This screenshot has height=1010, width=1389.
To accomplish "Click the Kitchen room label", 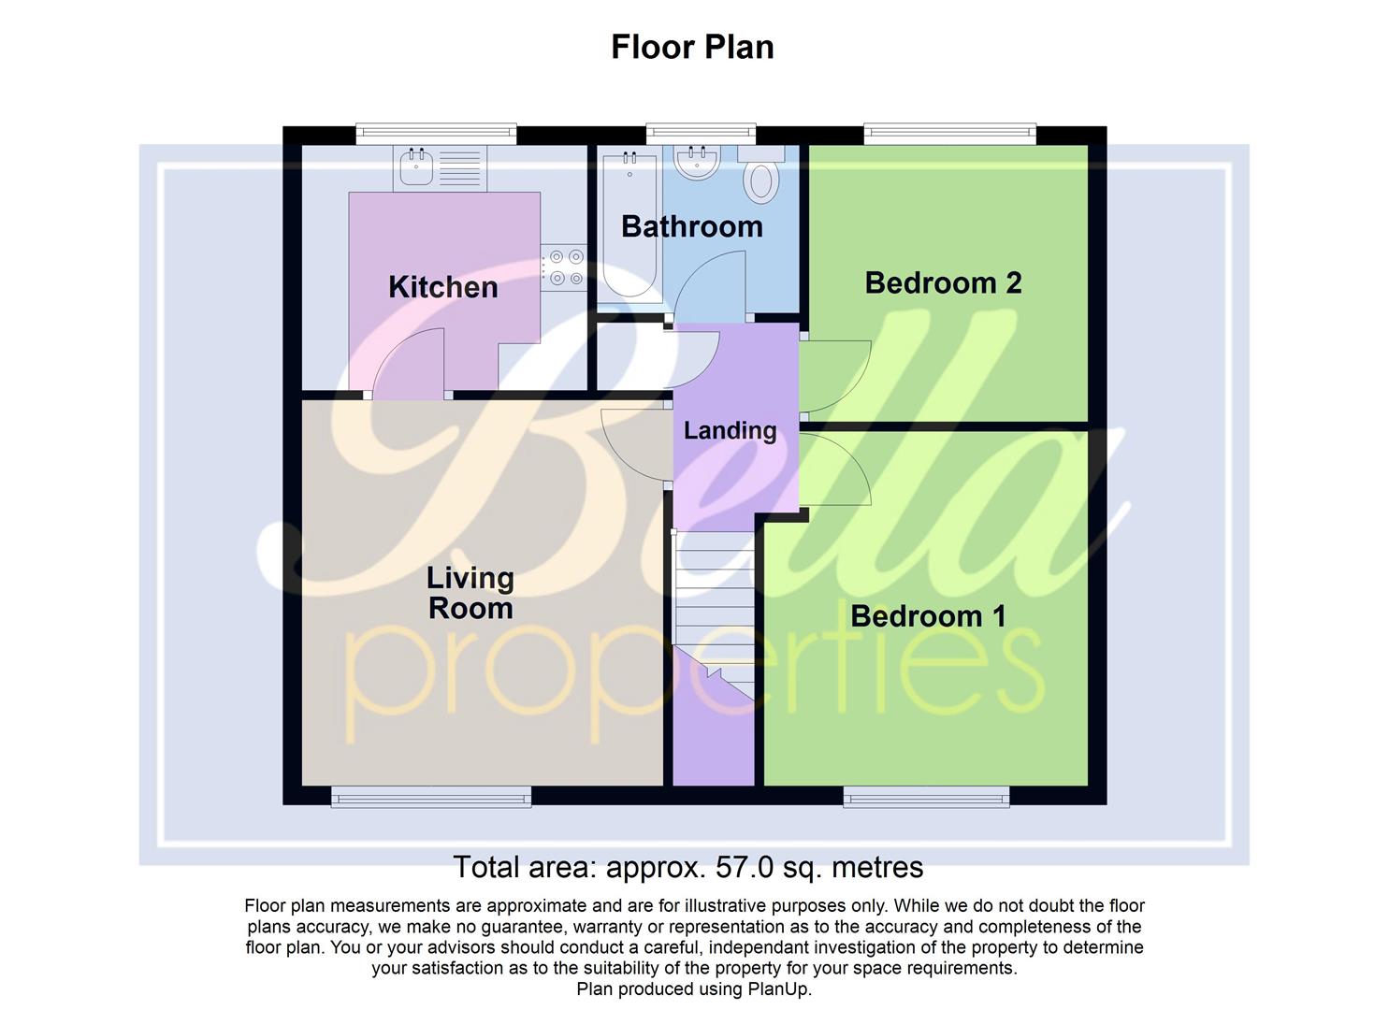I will pyautogui.click(x=442, y=287).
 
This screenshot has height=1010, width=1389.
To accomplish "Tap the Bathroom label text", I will pyautogui.click(x=691, y=226).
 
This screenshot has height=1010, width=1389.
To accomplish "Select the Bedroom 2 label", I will pyautogui.click(x=943, y=282).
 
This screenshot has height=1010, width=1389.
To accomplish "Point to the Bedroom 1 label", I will pyautogui.click(x=928, y=616).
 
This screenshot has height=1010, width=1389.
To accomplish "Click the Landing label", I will pyautogui.click(x=730, y=430).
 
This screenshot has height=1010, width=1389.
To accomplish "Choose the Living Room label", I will pyautogui.click(x=470, y=593).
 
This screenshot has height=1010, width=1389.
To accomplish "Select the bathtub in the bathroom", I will pyautogui.click(x=629, y=224).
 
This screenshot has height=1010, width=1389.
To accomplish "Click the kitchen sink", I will pyautogui.click(x=416, y=168).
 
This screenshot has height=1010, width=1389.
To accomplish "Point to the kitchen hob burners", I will pyautogui.click(x=564, y=266).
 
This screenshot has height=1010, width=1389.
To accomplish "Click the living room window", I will pyautogui.click(x=431, y=797).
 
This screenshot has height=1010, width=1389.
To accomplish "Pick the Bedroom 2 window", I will pyautogui.click(x=949, y=134).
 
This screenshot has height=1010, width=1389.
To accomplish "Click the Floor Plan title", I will pyautogui.click(x=692, y=47).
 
